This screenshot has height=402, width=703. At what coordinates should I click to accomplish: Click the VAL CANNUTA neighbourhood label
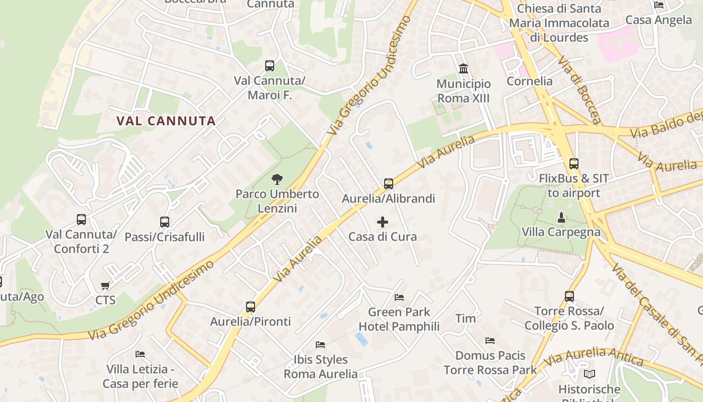click(x=166, y=121)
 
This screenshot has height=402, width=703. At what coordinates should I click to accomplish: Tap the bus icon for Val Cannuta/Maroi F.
click(x=270, y=66)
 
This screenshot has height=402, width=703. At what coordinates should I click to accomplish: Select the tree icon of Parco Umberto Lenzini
click(x=277, y=179)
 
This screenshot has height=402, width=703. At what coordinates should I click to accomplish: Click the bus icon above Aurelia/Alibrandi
click(x=389, y=184)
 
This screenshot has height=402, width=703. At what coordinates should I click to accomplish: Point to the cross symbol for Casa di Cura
click(x=383, y=222)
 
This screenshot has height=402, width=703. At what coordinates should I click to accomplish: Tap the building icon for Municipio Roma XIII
click(x=463, y=69)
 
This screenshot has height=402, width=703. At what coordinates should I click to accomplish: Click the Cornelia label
click(x=529, y=81)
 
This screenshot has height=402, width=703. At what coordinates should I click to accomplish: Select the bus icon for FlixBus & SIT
click(x=573, y=164)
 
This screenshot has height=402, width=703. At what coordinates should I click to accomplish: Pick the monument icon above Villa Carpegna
click(x=561, y=218)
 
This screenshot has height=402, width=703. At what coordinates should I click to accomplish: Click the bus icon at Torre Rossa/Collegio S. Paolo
click(x=569, y=296)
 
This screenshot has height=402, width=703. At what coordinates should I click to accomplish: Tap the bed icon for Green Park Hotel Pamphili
click(x=399, y=297)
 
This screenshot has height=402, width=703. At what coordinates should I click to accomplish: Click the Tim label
click(x=465, y=318)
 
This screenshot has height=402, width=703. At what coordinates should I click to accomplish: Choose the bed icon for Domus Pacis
click(x=490, y=341)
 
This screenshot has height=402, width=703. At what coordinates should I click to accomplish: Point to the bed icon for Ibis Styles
click(x=320, y=345)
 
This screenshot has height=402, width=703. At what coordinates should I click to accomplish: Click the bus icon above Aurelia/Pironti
click(x=251, y=307)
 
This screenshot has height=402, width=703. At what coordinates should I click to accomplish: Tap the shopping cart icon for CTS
click(x=105, y=286)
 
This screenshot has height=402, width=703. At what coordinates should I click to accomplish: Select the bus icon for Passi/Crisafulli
click(x=165, y=222)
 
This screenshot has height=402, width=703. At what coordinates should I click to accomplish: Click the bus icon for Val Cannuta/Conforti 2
click(x=81, y=220)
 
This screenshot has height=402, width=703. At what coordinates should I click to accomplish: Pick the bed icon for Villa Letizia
click(x=140, y=354)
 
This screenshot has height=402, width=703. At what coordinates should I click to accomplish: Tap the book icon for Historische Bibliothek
click(x=590, y=374)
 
